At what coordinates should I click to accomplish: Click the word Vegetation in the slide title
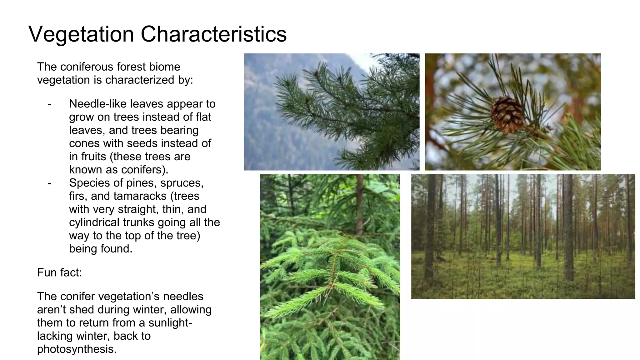tap(81, 34)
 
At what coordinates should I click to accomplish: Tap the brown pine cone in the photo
tap(507, 114)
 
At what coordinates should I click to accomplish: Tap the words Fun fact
tap(59, 272)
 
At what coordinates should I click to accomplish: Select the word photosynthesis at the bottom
tap(77, 349)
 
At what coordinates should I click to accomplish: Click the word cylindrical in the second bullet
tap(94, 222)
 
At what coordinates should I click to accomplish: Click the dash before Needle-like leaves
tap(49, 104)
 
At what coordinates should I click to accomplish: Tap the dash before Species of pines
tap(49, 183)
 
